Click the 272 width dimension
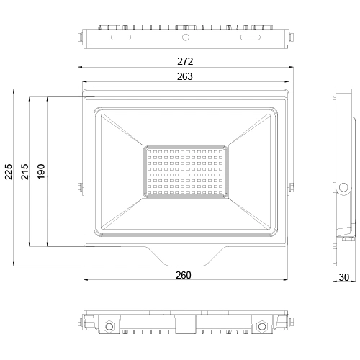[186, 62]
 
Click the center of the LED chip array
[186, 171]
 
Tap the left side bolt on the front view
[78, 188]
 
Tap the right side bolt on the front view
[292, 188]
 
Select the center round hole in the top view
[186, 35]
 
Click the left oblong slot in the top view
[120, 35]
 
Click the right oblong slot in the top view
[251, 35]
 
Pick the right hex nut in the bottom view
[261, 327]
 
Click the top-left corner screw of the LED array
[145, 148]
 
